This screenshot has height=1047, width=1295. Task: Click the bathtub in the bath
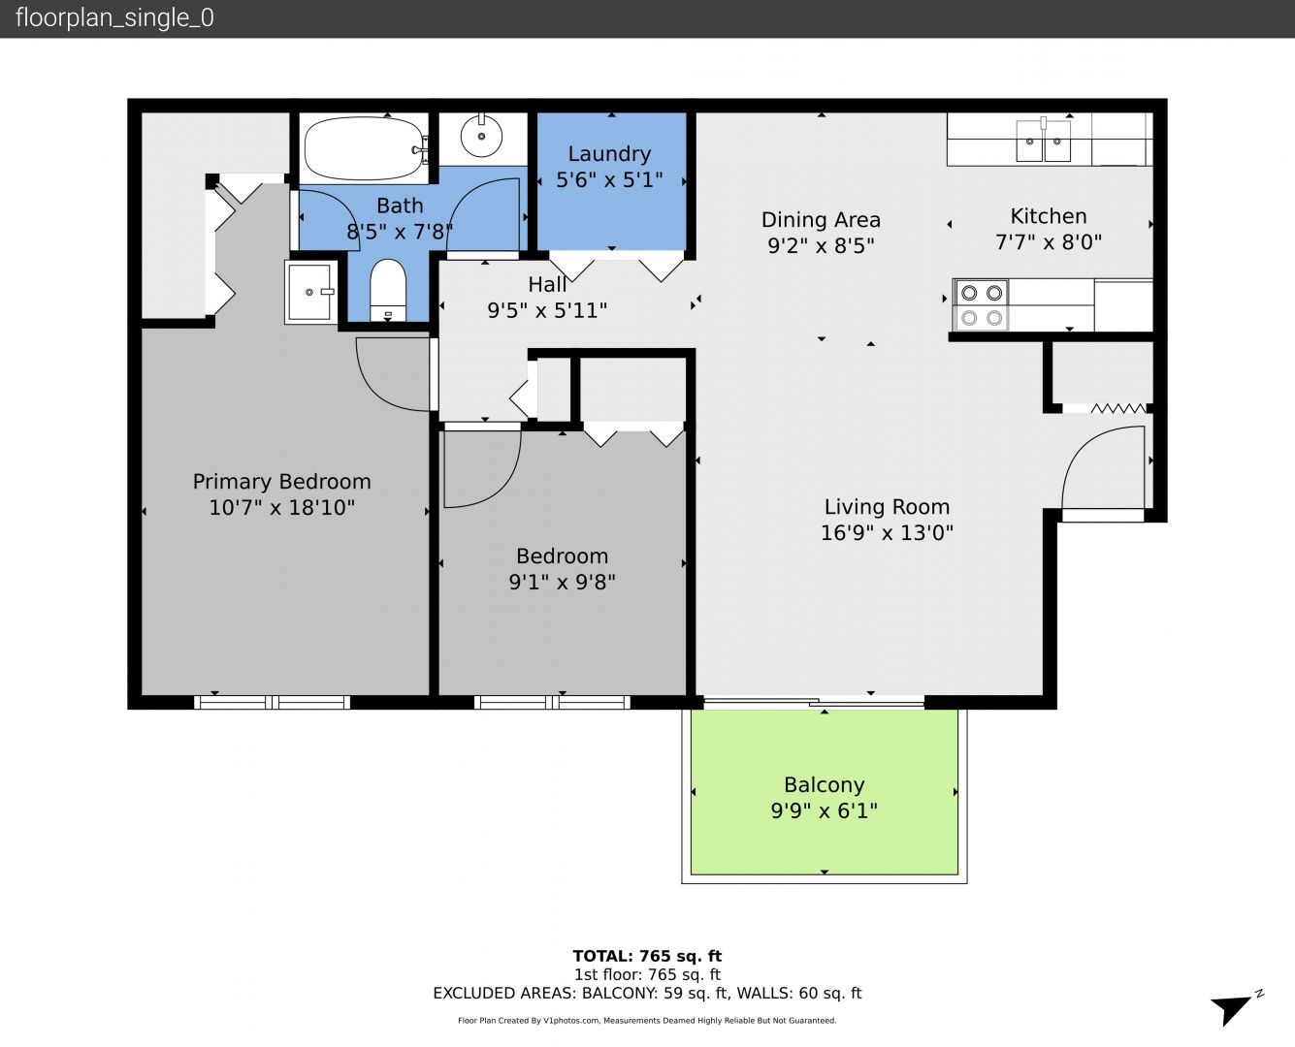tap(364, 149)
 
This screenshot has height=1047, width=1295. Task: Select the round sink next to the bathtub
tap(481, 136)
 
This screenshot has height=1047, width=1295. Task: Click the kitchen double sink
tap(1044, 141)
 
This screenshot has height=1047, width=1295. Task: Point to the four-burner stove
tap(982, 305)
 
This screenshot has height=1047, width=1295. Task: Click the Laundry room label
tap(609, 154)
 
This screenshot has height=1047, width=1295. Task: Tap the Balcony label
tap(824, 784)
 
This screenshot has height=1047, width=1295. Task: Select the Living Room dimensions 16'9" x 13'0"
tap(887, 533)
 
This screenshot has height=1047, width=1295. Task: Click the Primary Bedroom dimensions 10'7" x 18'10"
tap(281, 507)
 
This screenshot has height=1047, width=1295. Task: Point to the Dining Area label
tap(821, 220)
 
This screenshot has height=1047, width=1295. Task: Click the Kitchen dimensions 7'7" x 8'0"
tap(1049, 242)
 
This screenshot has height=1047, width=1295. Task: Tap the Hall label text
tap(546, 284)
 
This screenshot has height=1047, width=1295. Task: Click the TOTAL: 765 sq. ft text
tap(647, 957)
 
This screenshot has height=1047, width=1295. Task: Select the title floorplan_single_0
tap(114, 18)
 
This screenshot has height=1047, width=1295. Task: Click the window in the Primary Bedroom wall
tap(272, 702)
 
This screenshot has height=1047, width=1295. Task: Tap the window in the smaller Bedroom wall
tap(551, 702)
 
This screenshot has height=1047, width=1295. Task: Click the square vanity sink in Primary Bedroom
tap(310, 292)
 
